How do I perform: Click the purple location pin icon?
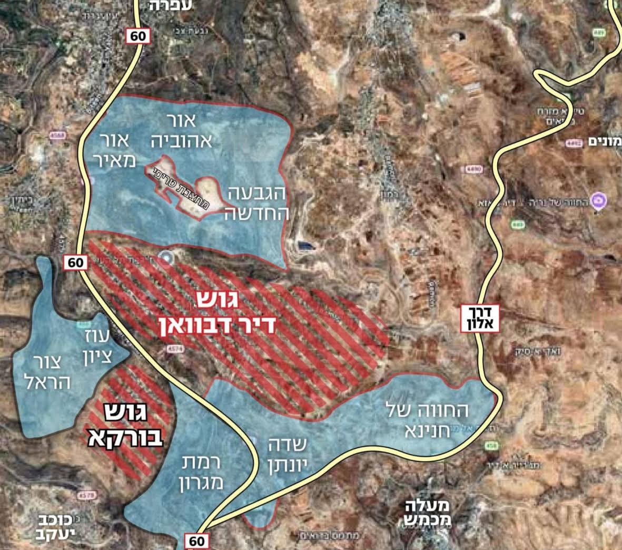tap(598, 200)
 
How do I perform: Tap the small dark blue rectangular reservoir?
tap(304, 245)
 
